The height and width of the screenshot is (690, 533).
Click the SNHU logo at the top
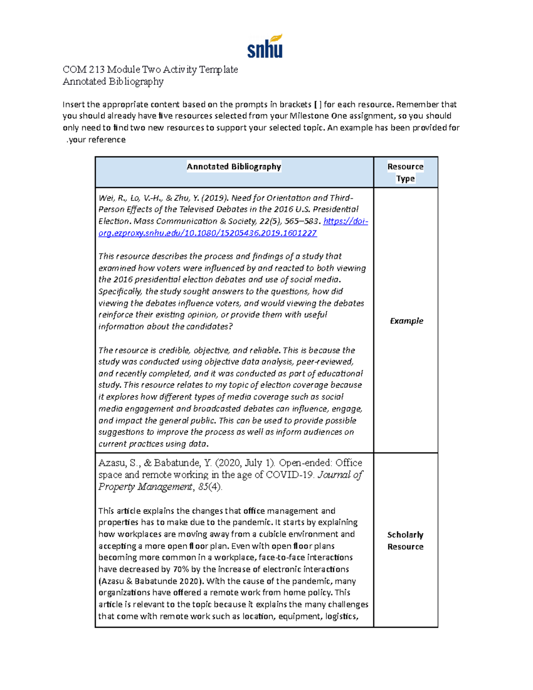(265, 46)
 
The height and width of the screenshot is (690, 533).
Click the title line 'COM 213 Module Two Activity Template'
(150, 70)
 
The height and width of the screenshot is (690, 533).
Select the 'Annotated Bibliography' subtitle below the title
(113, 81)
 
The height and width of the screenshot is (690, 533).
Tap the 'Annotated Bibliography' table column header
(234, 167)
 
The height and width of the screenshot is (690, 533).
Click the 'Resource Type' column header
(405, 172)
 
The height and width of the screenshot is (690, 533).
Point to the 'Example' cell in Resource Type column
(406, 321)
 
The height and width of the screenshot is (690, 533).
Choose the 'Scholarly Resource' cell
(405, 541)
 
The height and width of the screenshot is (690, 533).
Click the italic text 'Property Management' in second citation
(145, 487)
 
